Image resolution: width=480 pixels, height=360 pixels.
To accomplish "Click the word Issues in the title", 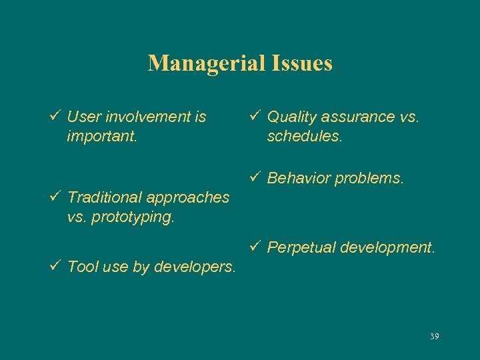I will [301, 64].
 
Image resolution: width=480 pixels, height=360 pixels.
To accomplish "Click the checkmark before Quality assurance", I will [255, 117].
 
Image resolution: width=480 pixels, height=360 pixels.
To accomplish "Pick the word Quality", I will [291, 117].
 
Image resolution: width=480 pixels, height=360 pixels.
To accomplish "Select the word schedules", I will [304, 137].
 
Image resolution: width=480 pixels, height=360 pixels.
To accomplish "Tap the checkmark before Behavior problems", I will [255, 178].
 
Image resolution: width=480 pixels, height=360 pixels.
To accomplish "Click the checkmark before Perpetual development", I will [255, 247].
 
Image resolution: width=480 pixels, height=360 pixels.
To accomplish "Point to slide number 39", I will [434, 336].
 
